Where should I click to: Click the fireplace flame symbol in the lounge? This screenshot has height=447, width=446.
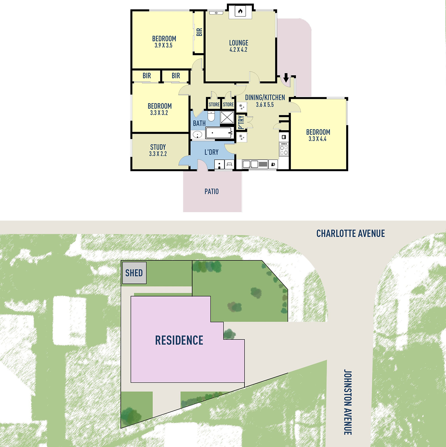coord(240,11)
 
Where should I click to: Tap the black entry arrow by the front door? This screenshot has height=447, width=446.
coord(286,77)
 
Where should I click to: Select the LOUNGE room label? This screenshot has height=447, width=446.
coord(239,43)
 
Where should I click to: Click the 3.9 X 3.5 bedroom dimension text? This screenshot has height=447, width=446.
coord(163,45)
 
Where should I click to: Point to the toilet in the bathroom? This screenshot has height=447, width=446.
coord(211,116)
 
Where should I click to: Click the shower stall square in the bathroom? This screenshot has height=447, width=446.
coord(227,117)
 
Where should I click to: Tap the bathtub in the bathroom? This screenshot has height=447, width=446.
coord(219,133)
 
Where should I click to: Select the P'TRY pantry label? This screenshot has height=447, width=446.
coord(241,122)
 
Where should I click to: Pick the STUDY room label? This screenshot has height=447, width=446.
coord(158,147)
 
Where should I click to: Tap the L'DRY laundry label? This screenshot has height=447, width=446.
coord(211,152)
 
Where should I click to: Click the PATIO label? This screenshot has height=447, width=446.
coord(212,191)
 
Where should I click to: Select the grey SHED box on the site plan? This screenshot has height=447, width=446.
coord(134,273)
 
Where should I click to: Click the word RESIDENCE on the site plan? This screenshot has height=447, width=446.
coord(179,340)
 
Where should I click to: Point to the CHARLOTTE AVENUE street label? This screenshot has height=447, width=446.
coord(350,233)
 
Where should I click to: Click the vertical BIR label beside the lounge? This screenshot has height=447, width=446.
coord(199,32)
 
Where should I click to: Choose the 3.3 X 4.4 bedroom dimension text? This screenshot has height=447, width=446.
coord(317,139)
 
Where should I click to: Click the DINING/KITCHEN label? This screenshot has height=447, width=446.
coord(265,98)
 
